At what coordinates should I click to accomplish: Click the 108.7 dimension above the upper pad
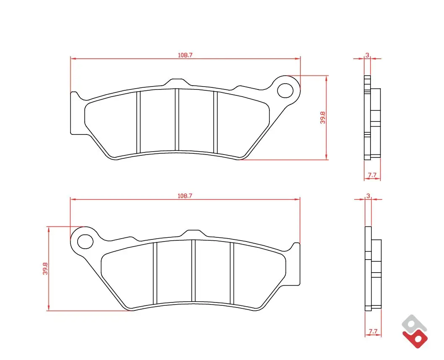click(185, 55)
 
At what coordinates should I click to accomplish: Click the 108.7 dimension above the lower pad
click(185, 196)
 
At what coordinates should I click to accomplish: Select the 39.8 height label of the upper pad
click(323, 117)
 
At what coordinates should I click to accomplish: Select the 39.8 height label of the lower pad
click(45, 268)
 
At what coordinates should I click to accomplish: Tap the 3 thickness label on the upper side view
click(367, 55)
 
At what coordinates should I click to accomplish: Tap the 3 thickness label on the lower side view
click(368, 196)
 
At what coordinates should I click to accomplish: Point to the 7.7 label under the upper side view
click(372, 175)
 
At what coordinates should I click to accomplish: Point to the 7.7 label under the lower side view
click(373, 331)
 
